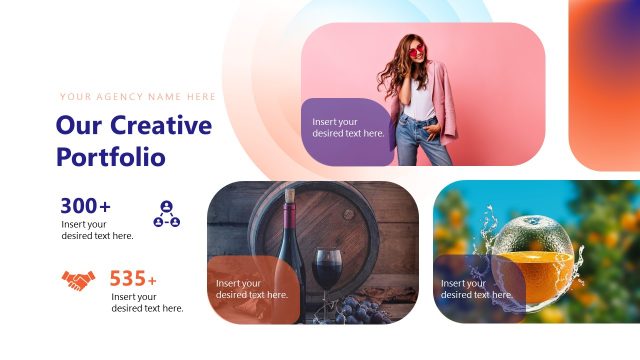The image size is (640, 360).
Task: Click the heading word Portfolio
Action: pyautogui.click(x=111, y=157)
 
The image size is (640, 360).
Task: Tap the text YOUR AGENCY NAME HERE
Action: pyautogui.click(x=138, y=97)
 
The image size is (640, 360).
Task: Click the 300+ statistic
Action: pyautogui.click(x=85, y=206)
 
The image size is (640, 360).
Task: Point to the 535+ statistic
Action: pyautogui.click(x=133, y=278)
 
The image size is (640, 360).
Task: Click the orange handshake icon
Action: pyautogui.click(x=79, y=281)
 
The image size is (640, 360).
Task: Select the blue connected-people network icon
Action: pyautogui.click(x=166, y=213)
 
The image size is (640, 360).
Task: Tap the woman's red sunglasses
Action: pyautogui.click(x=415, y=52)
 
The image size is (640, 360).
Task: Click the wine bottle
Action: pyautogui.click(x=291, y=250)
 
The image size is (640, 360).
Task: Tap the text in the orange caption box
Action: pyautogui.click(x=252, y=289)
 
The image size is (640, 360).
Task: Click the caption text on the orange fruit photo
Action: pyautogui.click(x=477, y=289)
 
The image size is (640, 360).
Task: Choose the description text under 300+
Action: pyautogui.click(x=97, y=230)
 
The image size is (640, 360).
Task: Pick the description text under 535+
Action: pyautogui.click(x=147, y=302)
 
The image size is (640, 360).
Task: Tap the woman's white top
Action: pyautogui.click(x=423, y=99)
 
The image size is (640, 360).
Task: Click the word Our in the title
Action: pyautogui.click(x=78, y=126)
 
